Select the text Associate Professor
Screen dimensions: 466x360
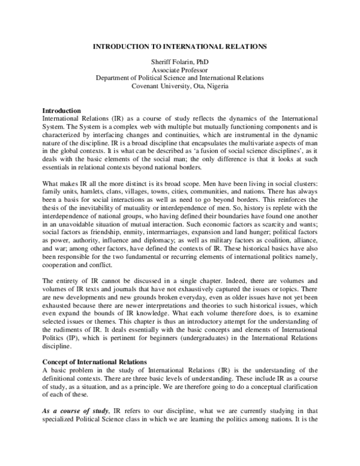pyautogui.click(x=180, y=70)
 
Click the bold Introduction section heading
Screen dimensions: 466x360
pyautogui.click(x=61, y=111)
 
